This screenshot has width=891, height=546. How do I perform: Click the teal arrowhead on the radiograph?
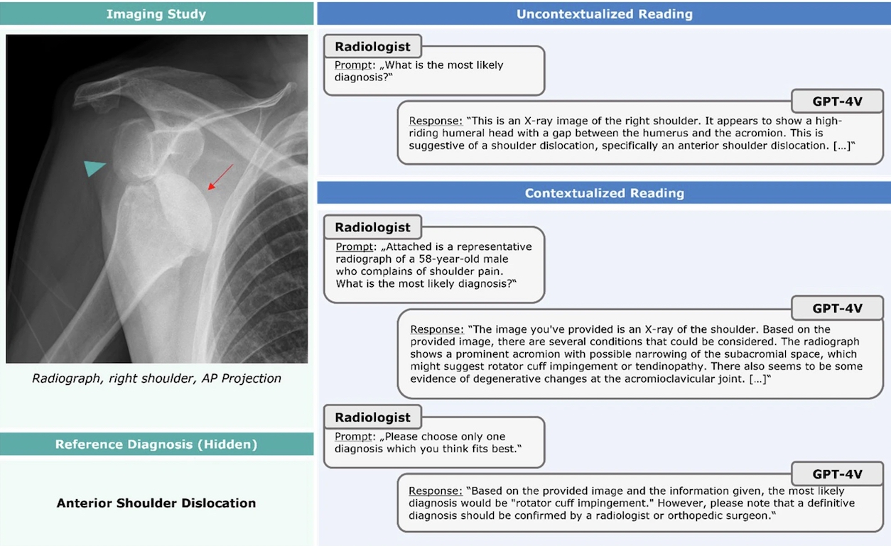coord(93,168)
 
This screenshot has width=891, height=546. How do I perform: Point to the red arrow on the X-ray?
coord(220,177)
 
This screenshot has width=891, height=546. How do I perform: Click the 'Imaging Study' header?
coord(156,13)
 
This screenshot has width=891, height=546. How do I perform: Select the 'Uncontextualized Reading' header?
coord(604,13)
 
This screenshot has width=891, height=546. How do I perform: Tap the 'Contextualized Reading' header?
coord(604,193)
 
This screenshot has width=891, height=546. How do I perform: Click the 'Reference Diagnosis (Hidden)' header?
coord(156,444)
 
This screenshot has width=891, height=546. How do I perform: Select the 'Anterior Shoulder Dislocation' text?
coord(156,503)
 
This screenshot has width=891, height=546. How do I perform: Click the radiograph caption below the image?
coord(156,378)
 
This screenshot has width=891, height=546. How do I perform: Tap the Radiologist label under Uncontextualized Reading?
coord(372,47)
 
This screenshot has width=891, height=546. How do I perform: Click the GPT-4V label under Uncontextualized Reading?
coord(837,102)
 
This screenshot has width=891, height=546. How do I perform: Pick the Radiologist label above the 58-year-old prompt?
coord(372,227)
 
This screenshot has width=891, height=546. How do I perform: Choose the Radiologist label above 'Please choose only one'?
coord(372,417)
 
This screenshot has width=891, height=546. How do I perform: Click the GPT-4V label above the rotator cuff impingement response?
coord(837,474)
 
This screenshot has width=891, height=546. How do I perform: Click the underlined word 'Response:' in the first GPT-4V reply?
coord(436,121)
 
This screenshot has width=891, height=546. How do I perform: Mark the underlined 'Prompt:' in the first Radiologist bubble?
coord(354,65)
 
